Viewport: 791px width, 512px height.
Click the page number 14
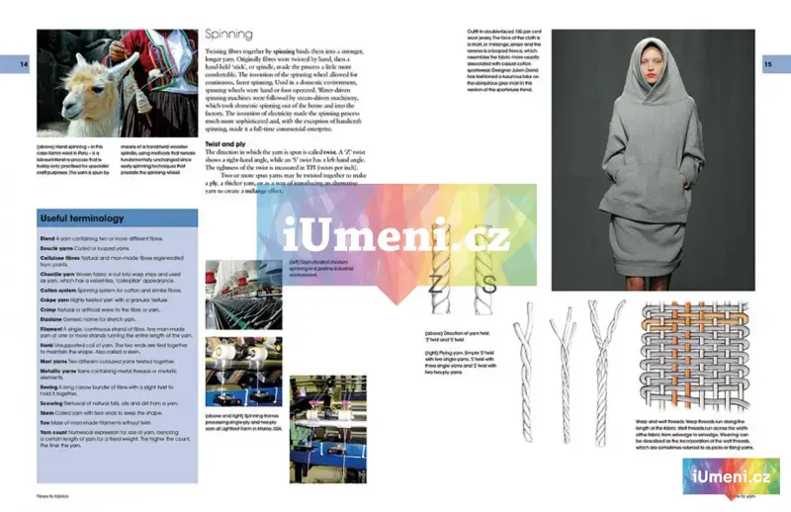coord(26,64)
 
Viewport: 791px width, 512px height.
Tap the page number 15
coord(768,64)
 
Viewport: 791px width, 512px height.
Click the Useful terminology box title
coord(81,217)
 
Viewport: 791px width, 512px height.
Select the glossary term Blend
coord(46,239)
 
